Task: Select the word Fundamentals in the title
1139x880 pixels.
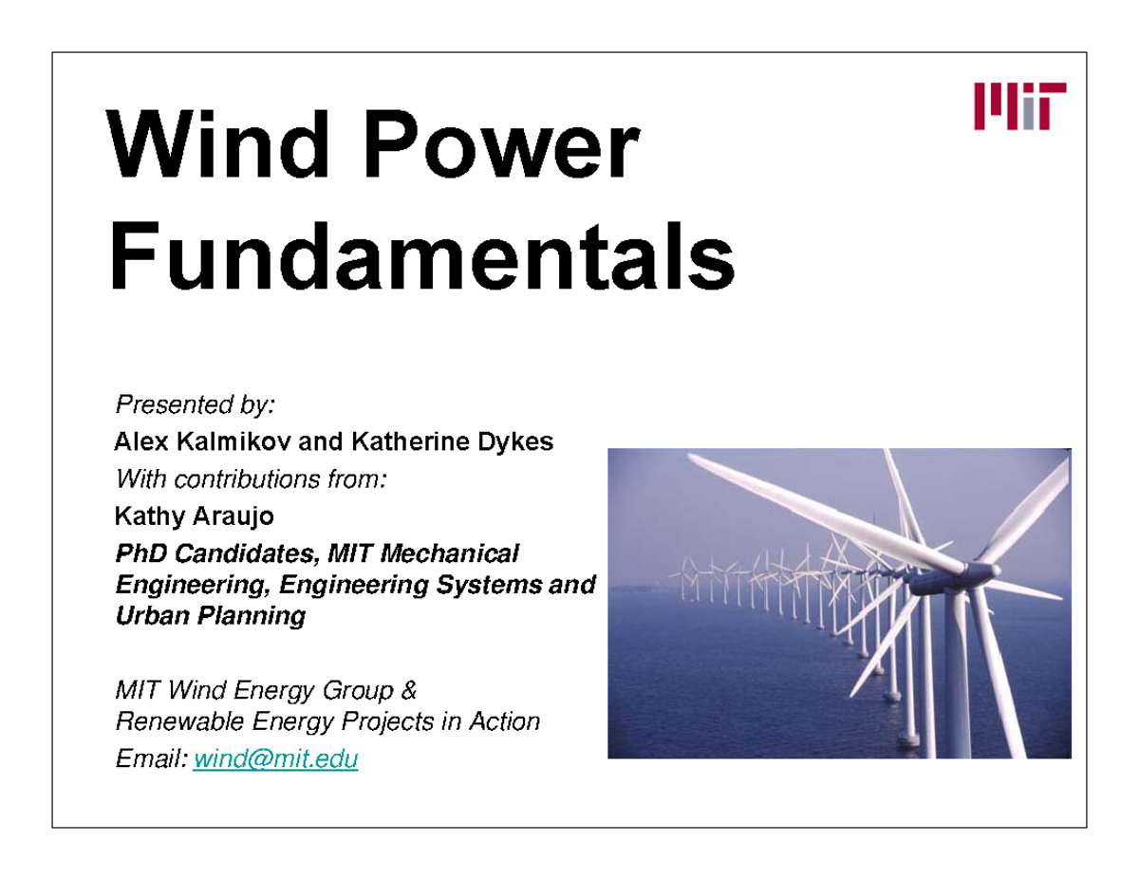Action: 422,254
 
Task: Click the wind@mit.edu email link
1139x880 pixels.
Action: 275,759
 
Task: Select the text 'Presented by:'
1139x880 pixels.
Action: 195,405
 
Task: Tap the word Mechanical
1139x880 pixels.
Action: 455,553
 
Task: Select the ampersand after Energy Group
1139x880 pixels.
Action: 408,689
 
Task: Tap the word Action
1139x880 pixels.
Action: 504,721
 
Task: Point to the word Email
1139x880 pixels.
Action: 149,759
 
